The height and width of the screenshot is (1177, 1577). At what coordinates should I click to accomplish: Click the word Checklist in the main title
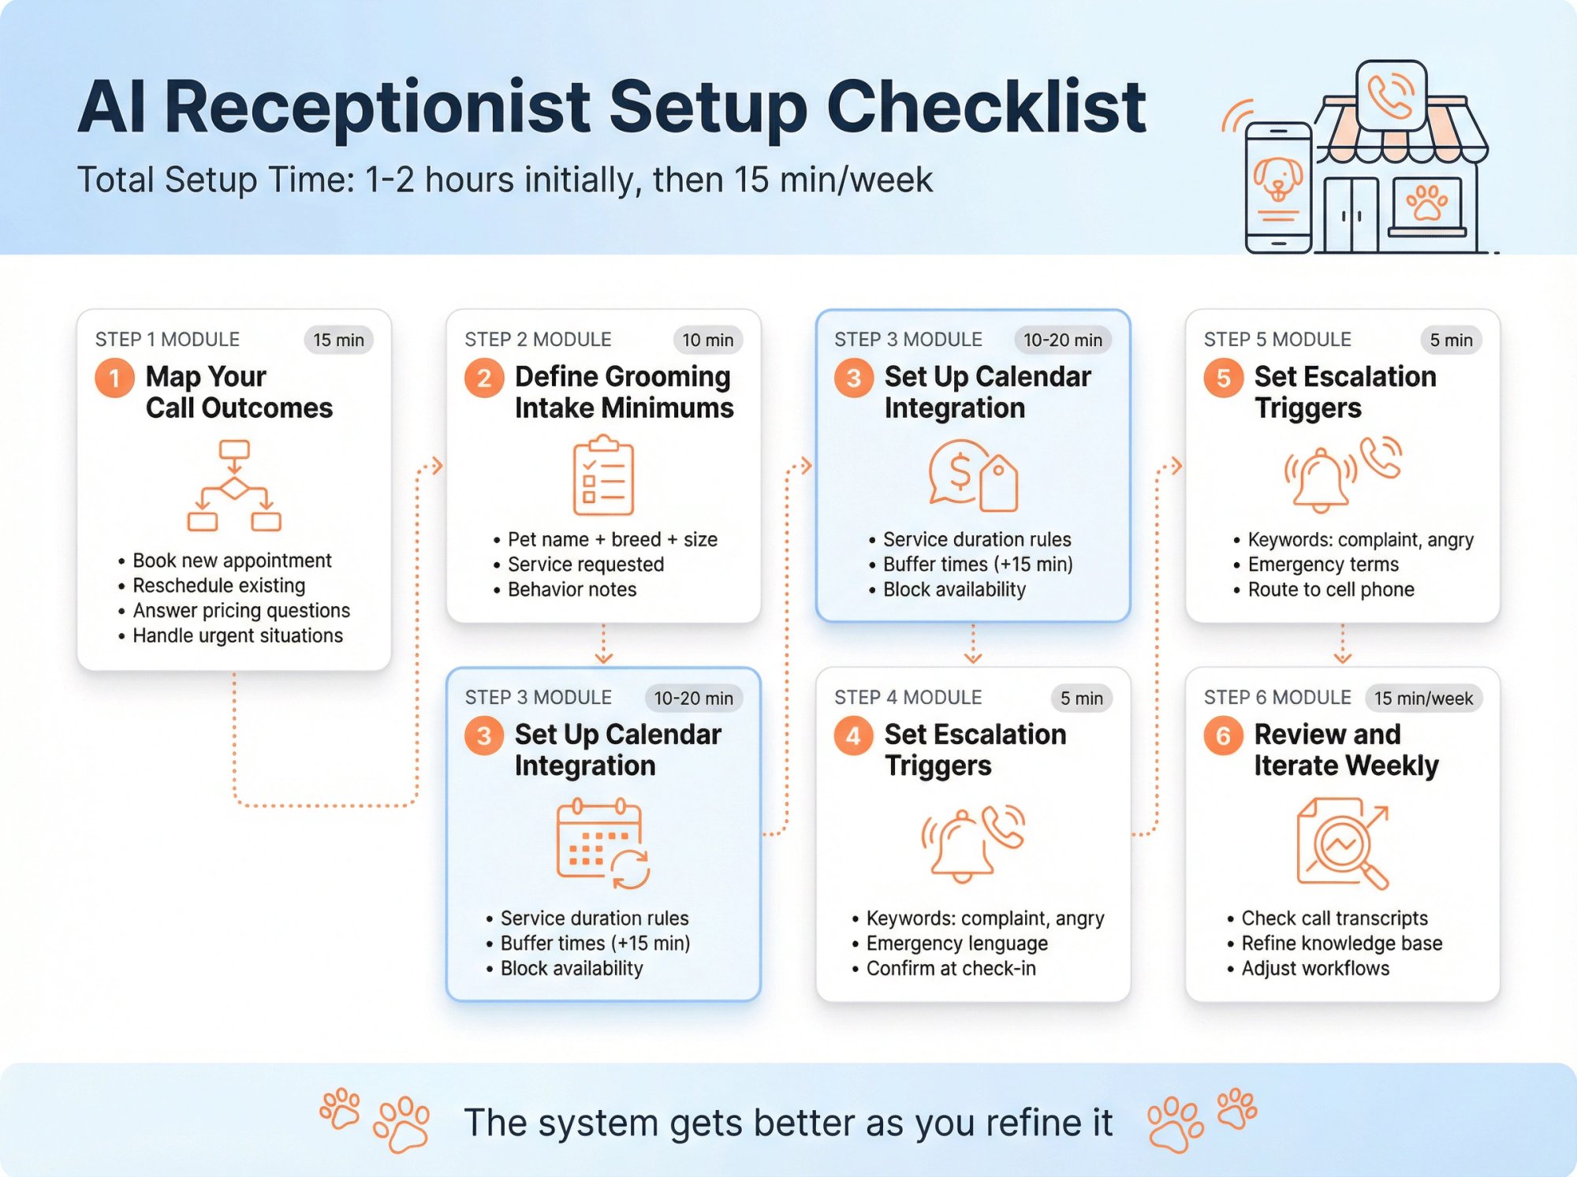[986, 108]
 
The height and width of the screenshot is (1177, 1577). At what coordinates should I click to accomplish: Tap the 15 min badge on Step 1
[338, 340]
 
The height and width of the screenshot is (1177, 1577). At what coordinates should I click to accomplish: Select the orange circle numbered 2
[484, 378]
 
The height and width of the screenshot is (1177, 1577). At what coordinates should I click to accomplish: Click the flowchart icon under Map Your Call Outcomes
[234, 486]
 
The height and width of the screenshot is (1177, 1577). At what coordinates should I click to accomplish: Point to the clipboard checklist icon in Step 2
[603, 475]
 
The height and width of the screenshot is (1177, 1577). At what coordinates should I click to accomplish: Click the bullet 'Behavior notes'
[572, 590]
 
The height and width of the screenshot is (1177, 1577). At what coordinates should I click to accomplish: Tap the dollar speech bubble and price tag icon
[973, 475]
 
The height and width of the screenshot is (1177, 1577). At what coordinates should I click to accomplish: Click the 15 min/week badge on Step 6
[1423, 698]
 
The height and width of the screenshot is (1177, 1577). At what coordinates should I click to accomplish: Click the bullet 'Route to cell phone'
[1331, 590]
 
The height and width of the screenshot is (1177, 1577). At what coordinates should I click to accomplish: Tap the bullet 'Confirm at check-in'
[951, 968]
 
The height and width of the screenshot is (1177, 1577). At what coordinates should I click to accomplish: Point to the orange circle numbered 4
[853, 736]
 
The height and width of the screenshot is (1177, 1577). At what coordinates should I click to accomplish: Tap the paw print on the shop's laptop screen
[1426, 203]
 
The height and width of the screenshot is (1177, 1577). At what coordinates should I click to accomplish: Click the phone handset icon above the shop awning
[1391, 95]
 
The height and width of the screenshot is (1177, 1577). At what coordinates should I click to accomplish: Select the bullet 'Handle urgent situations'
[237, 635]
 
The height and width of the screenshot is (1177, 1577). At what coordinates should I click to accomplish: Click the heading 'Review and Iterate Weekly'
[1345, 750]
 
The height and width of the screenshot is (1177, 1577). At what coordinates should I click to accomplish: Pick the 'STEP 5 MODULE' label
[1277, 340]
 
